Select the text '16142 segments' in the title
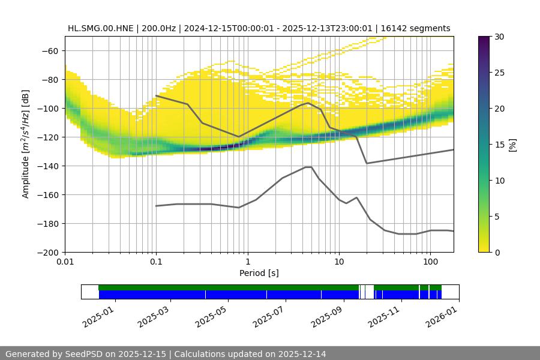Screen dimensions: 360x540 (x=420, y=28)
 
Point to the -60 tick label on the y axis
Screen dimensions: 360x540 (x=49, y=50)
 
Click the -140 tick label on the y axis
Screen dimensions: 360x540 (x=47, y=166)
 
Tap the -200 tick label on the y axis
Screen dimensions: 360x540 (x=47, y=252)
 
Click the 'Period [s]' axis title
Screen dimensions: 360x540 (x=259, y=273)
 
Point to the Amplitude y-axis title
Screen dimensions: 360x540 (x=26, y=144)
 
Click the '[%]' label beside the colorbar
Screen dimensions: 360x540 (x=512, y=144)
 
